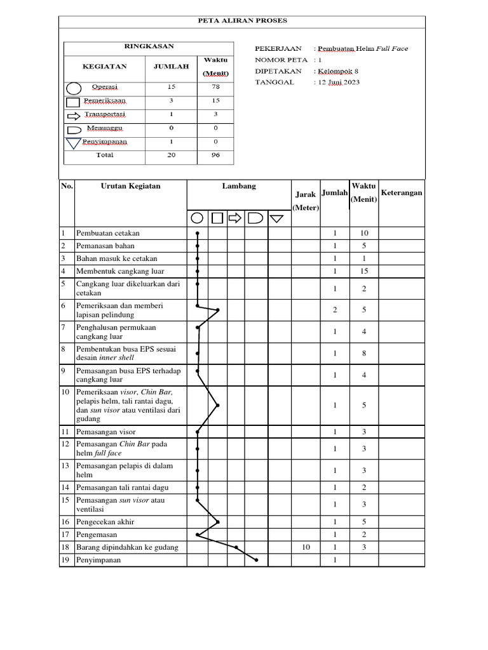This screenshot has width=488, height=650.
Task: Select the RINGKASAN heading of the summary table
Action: click(x=148, y=46)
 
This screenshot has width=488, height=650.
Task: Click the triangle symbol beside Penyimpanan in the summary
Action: click(x=74, y=143)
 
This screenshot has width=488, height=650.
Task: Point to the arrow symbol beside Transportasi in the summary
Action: click(x=74, y=116)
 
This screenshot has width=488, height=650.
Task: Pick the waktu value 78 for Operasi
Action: click(x=215, y=87)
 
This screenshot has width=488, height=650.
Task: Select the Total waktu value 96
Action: click(x=215, y=156)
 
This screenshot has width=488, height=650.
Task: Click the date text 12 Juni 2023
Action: click(x=339, y=83)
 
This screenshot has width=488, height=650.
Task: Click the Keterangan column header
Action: click(x=402, y=193)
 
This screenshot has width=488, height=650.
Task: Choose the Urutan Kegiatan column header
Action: click(x=130, y=186)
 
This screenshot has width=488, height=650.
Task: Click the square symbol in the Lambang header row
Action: click(x=217, y=218)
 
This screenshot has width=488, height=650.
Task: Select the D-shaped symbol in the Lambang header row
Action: click(x=255, y=218)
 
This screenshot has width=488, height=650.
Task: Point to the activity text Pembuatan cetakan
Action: click(x=108, y=233)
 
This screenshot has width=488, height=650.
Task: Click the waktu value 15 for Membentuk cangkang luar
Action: click(x=364, y=271)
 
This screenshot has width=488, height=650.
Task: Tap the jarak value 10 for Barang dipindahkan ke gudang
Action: click(x=306, y=547)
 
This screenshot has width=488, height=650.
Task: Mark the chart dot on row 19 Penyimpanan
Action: click(x=257, y=560)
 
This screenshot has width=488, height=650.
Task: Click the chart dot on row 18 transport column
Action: click(x=236, y=547)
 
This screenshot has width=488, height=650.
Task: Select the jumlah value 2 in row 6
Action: click(x=335, y=310)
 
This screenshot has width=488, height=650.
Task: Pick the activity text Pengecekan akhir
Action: click(x=105, y=522)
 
